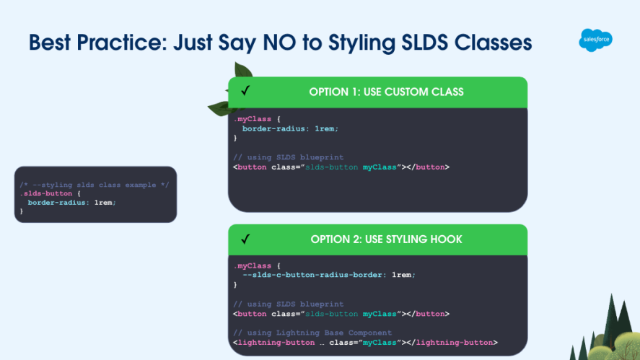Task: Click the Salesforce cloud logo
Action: tap(595, 40)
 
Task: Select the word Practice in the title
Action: tap(118, 43)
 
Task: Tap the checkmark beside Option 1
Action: tap(245, 92)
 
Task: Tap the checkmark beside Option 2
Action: tap(245, 239)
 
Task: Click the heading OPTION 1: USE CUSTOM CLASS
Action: tap(386, 92)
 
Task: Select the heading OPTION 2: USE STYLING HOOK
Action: tap(386, 239)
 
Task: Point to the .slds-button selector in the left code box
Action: tap(45, 194)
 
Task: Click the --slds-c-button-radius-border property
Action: tap(314, 275)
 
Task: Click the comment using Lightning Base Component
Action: tap(312, 333)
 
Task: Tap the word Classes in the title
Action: tap(494, 43)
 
